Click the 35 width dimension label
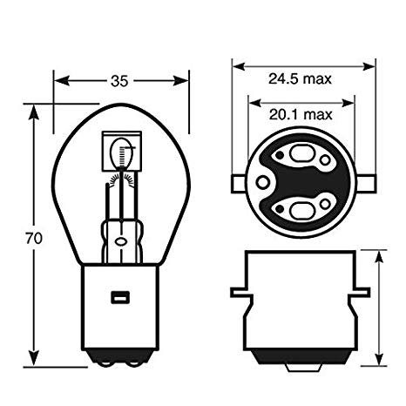[x=119, y=81]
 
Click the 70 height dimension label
[x=34, y=238]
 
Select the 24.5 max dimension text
[x=300, y=78]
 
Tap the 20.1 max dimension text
[x=301, y=114]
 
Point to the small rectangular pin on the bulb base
[x=120, y=297]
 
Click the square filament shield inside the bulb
[x=122, y=151]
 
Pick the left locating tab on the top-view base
[x=239, y=184]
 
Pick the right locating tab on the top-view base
[x=368, y=184]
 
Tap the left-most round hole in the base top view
[x=262, y=183]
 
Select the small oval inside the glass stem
[x=120, y=241]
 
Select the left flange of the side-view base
[x=240, y=293]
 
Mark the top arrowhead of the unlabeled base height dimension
[x=379, y=259]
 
